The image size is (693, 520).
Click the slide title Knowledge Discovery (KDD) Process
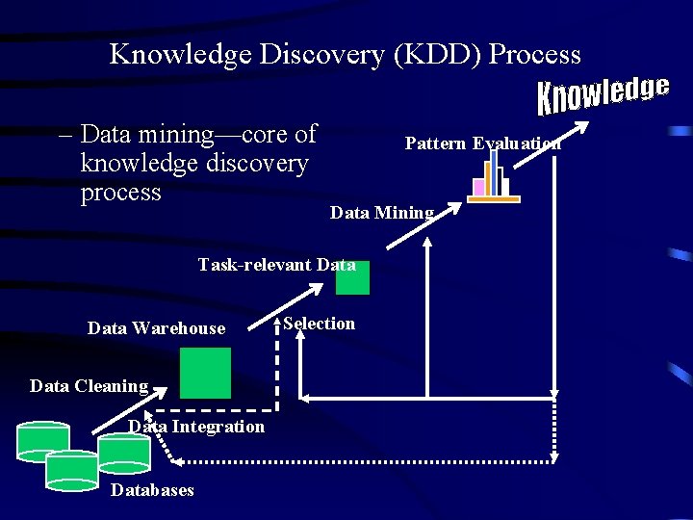pyautogui.click(x=346, y=54)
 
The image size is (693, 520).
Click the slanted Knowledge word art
pyautogui.click(x=603, y=93)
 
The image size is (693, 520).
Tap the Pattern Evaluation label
pyautogui.click(x=482, y=143)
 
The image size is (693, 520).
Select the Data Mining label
pyautogui.click(x=381, y=213)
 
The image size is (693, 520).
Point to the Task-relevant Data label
pyautogui.click(x=276, y=265)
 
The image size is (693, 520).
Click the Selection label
pyautogui.click(x=319, y=324)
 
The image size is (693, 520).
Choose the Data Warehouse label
pyautogui.click(x=156, y=328)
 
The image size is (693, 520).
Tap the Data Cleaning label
pyautogui.click(x=89, y=386)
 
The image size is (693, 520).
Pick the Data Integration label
pyautogui.click(x=196, y=427)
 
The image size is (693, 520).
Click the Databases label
pyautogui.click(x=152, y=490)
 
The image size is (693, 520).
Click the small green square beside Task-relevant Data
pyautogui.click(x=352, y=278)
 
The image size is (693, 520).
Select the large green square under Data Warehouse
pyautogui.click(x=205, y=373)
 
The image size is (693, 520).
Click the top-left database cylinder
pyautogui.click(x=43, y=441)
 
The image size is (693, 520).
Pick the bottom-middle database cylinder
pyautogui.click(x=72, y=470)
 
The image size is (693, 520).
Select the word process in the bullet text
pyautogui.click(x=121, y=193)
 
